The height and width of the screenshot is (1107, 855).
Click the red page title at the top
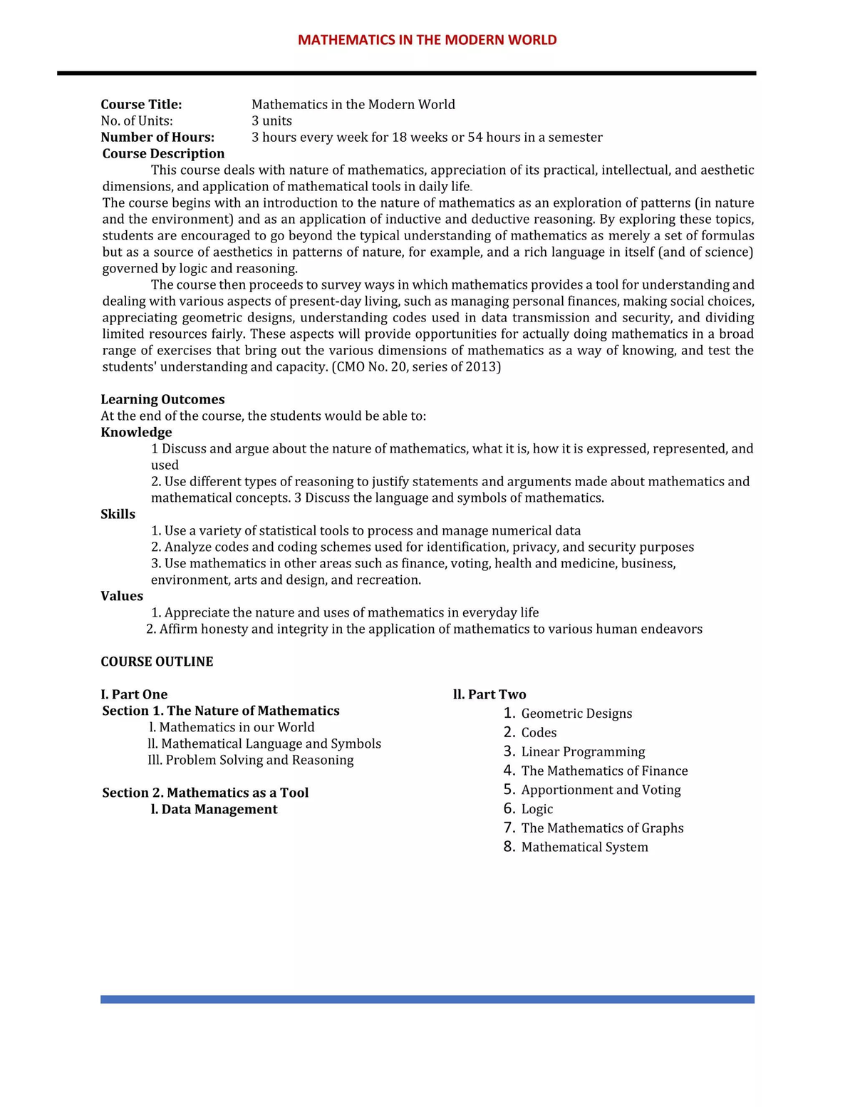pyautogui.click(x=427, y=40)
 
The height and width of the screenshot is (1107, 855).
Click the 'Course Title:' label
pyautogui.click(x=141, y=105)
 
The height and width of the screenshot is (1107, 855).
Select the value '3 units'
pyautogui.click(x=271, y=121)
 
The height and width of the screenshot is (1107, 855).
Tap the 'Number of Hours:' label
pyautogui.click(x=157, y=138)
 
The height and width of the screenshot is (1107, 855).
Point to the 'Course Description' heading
pyautogui.click(x=163, y=154)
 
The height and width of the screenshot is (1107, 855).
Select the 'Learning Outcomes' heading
pyautogui.click(x=162, y=400)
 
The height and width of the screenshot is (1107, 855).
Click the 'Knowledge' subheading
pyautogui.click(x=136, y=433)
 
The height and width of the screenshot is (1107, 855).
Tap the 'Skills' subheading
pyautogui.click(x=118, y=515)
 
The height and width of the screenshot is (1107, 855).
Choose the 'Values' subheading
pyautogui.click(x=122, y=597)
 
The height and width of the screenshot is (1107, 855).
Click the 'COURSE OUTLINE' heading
pyautogui.click(x=157, y=662)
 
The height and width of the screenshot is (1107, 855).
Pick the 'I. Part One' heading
pyautogui.click(x=134, y=695)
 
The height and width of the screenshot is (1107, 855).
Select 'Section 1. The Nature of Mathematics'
pyautogui.click(x=221, y=711)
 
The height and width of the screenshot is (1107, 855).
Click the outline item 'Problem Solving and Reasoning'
pyautogui.click(x=259, y=761)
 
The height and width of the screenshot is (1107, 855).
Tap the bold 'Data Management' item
pyautogui.click(x=219, y=810)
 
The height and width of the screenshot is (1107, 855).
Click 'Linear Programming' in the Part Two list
pyautogui.click(x=583, y=752)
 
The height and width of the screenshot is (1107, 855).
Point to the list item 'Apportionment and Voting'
pyautogui.click(x=601, y=790)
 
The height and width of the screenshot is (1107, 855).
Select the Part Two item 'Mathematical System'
pyautogui.click(x=584, y=848)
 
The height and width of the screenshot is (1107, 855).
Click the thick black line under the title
pyautogui.click(x=406, y=73)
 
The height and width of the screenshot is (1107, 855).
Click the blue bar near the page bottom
pyautogui.click(x=427, y=999)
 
